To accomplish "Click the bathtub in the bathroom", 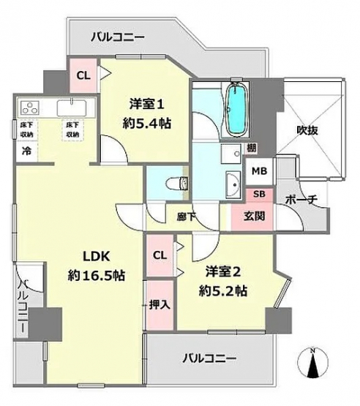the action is (x=236, y=109).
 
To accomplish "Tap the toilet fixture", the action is (x=176, y=184).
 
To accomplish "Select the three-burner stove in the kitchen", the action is (x=30, y=108).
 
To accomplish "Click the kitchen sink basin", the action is (x=72, y=108).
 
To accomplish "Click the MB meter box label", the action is (x=260, y=171).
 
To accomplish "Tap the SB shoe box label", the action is (x=259, y=194).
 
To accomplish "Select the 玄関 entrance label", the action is (x=255, y=216).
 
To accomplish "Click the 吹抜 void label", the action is (x=307, y=130).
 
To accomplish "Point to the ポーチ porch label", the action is (x=301, y=200).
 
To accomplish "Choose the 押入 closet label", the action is (x=160, y=305).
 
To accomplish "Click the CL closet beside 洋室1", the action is (x=83, y=75).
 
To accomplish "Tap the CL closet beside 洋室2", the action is (x=160, y=255).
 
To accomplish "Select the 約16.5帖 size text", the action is (x=97, y=276).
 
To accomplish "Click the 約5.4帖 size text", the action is (x=147, y=124).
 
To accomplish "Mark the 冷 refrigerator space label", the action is (x=26, y=151).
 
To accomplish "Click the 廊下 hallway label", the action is (x=186, y=217).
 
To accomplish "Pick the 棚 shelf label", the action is (x=251, y=148).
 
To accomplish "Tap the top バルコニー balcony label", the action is (x=117, y=37).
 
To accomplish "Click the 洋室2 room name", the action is (x=223, y=272).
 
